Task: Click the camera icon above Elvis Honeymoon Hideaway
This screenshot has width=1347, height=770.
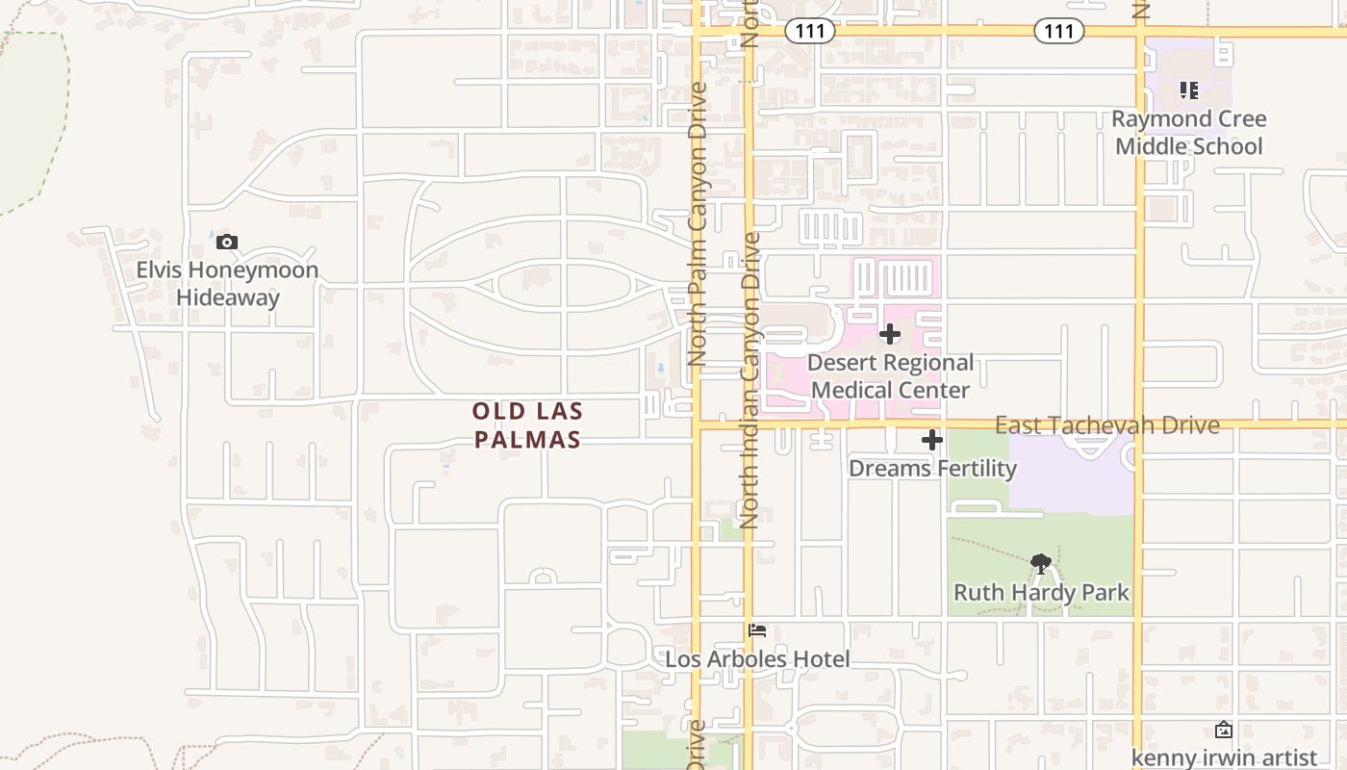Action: pyautogui.click(x=227, y=242)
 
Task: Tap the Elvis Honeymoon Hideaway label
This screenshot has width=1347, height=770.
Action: pyautogui.click(x=227, y=284)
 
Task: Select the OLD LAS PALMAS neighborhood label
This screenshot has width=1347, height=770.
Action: pyautogui.click(x=527, y=425)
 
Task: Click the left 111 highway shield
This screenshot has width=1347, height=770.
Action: pyautogui.click(x=810, y=31)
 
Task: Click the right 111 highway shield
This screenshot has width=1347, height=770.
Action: pyautogui.click(x=1059, y=31)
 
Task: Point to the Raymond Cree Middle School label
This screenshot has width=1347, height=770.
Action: pyautogui.click(x=1189, y=133)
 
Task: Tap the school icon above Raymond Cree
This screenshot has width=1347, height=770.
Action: pyautogui.click(x=1189, y=90)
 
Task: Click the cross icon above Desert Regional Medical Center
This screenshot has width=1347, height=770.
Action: pyautogui.click(x=890, y=334)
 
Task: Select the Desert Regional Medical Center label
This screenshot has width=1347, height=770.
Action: pyautogui.click(x=890, y=376)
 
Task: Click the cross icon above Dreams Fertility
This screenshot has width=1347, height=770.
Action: pyautogui.click(x=931, y=440)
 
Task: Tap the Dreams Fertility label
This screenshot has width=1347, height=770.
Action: pyautogui.click(x=931, y=469)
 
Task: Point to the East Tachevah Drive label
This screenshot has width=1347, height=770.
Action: pyautogui.click(x=1106, y=424)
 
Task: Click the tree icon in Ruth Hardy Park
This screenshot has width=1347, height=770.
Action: pyautogui.click(x=1040, y=563)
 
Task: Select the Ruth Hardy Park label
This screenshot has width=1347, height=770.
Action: pyautogui.click(x=1041, y=592)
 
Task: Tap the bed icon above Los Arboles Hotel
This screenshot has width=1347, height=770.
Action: pyautogui.click(x=757, y=630)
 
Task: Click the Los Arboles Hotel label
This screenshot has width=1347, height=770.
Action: pyautogui.click(x=757, y=659)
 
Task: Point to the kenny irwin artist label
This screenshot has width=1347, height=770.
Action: pyautogui.click(x=1224, y=757)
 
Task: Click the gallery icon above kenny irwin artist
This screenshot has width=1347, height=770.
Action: pyautogui.click(x=1224, y=730)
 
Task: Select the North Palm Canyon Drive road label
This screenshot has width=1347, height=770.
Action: pyautogui.click(x=698, y=223)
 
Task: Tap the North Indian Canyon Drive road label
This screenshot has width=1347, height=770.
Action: pyautogui.click(x=750, y=380)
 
